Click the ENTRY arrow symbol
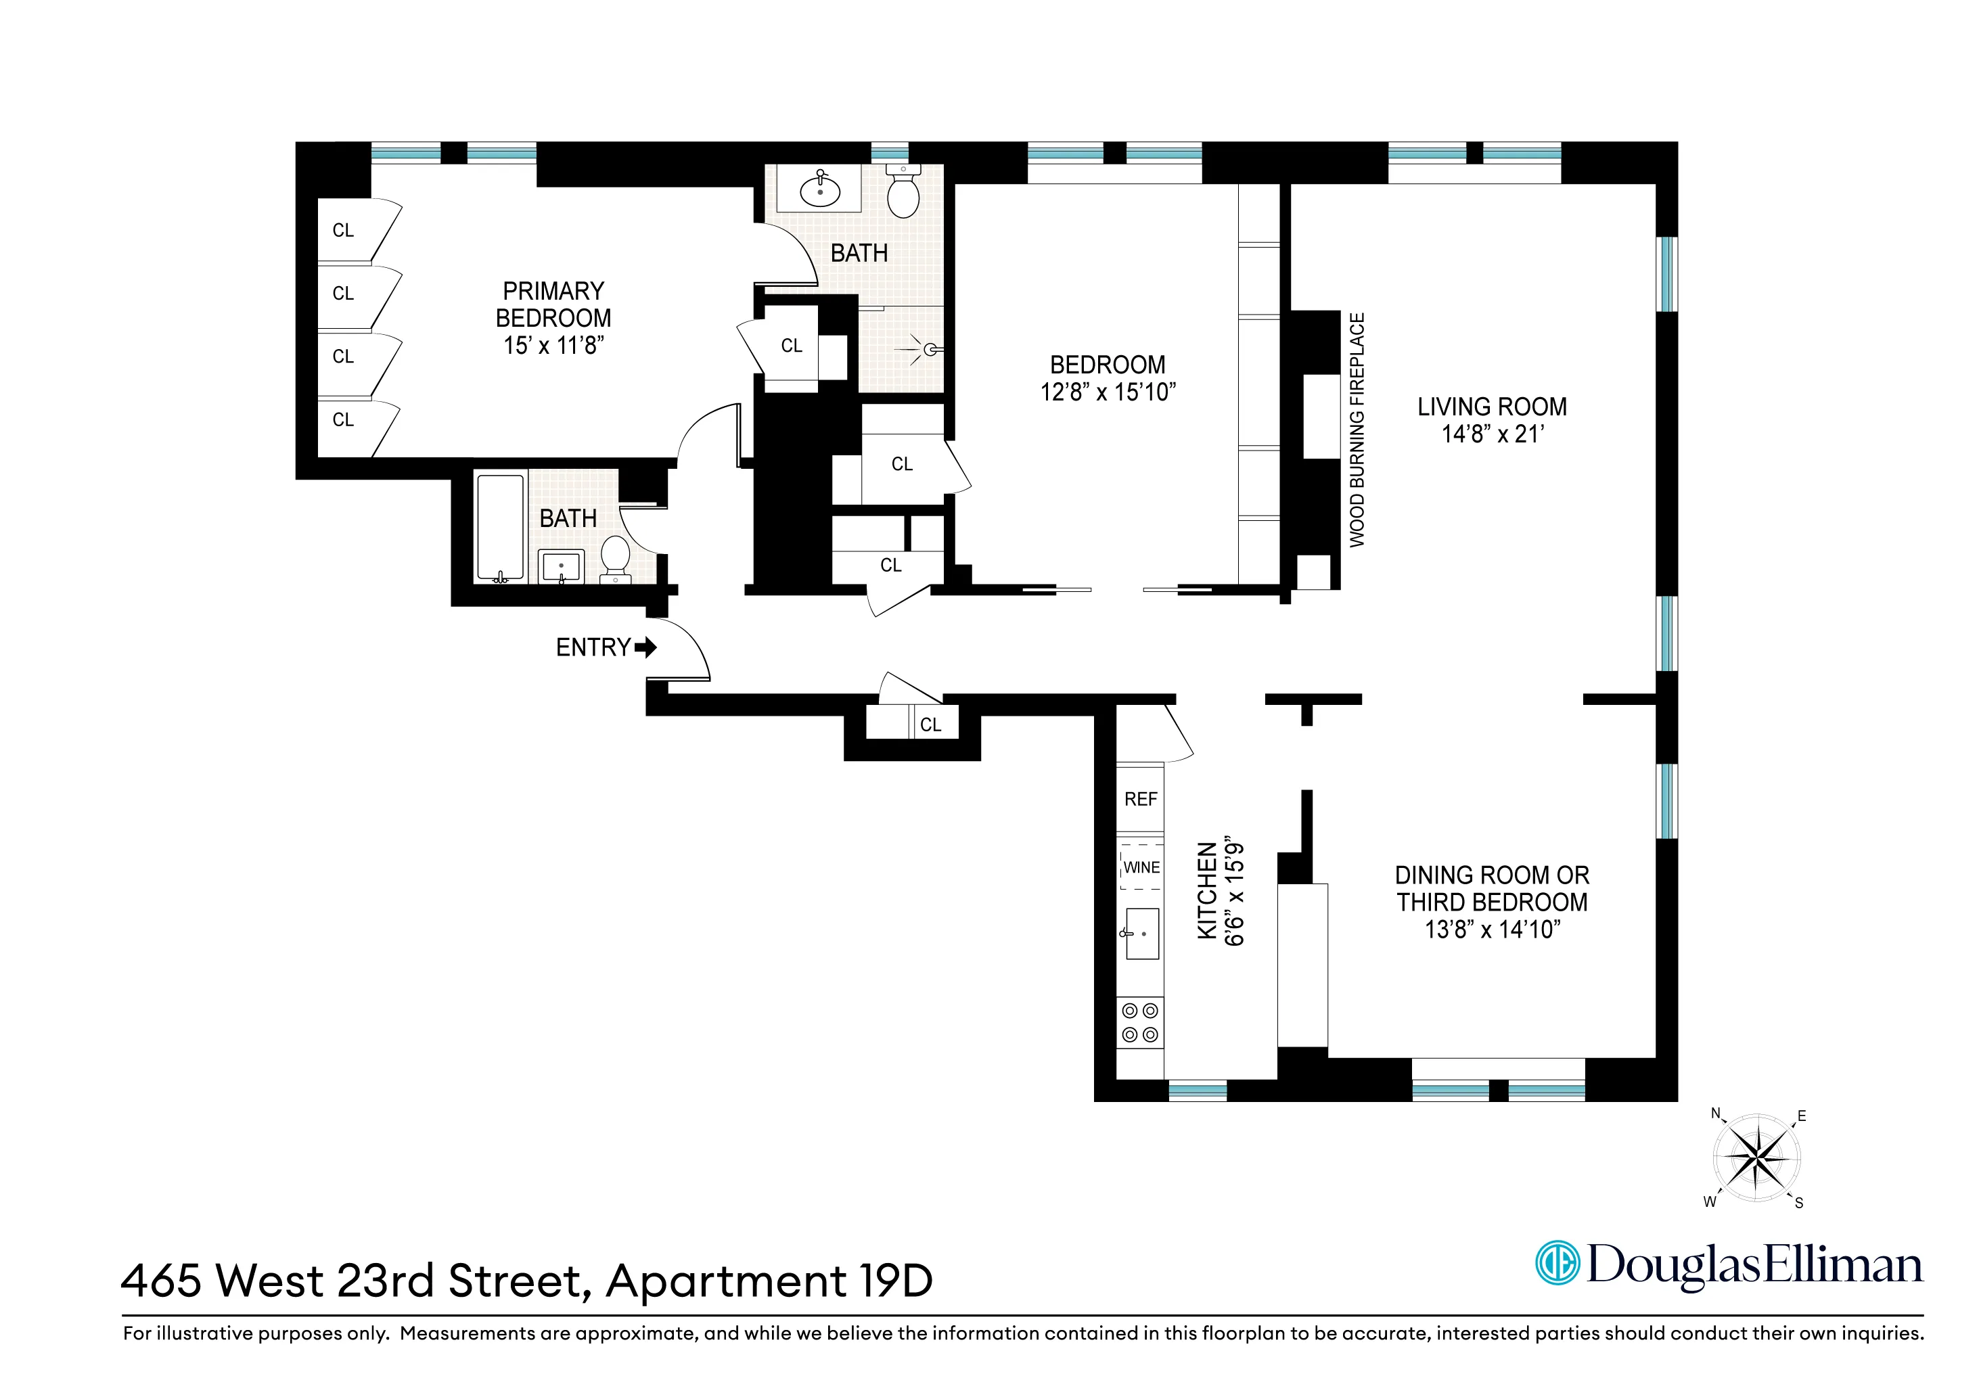(645, 647)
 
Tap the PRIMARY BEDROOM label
(553, 304)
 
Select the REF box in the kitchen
(1140, 799)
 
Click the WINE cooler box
(1141, 867)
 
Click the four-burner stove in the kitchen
(1139, 1022)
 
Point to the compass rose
(1756, 1157)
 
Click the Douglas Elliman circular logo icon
(1557, 1264)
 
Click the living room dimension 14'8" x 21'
(1492, 434)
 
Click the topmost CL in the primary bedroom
(343, 230)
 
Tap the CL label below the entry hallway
(930, 725)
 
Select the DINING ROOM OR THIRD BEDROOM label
(1491, 889)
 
